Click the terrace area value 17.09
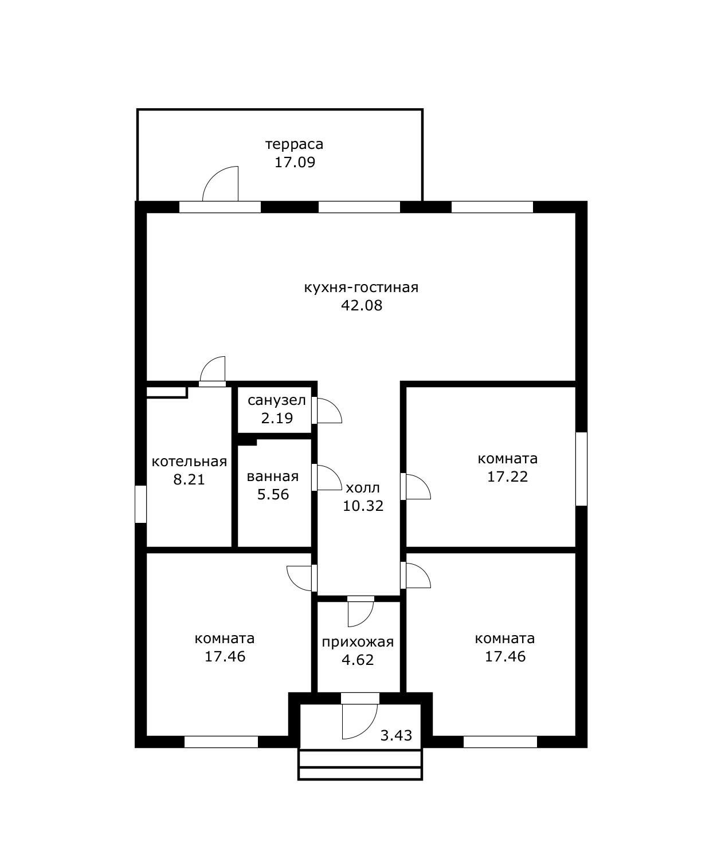coord(295,162)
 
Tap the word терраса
coord(295,144)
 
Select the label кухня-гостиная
coord(361,287)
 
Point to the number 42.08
coord(362,305)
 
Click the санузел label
coord(277,400)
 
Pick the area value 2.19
coord(277,418)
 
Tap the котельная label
coord(189,461)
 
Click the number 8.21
coord(189,479)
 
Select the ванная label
coord(273,476)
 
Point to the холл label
coord(363,488)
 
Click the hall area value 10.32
coord(363,506)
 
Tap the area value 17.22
coord(507,476)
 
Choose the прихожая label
coord(358,642)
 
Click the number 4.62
coord(358,660)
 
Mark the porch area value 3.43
coord(396,735)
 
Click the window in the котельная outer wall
coord(140,504)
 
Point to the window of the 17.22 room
coord(581,469)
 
